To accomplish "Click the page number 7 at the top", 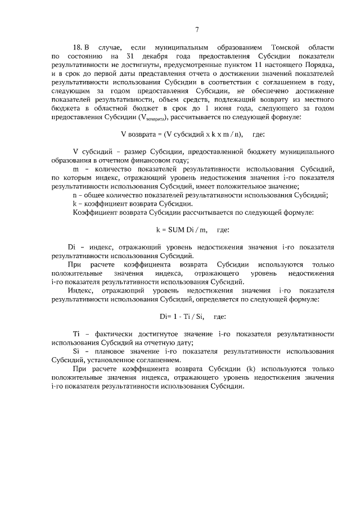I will [196, 30].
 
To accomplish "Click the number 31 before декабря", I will [131, 57].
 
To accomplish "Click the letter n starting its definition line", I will [75, 195].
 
